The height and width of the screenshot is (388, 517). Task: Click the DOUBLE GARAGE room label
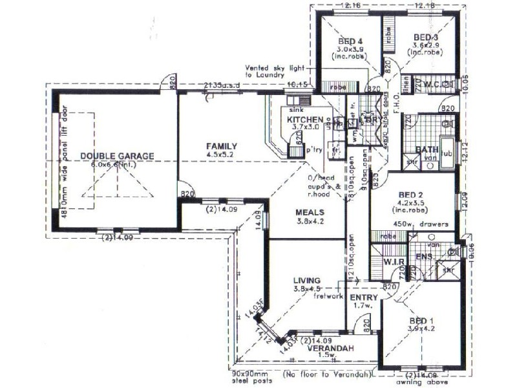(117, 156)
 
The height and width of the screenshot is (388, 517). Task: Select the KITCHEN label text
(301, 120)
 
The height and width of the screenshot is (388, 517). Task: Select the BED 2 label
(411, 194)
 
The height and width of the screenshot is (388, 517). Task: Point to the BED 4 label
(350, 41)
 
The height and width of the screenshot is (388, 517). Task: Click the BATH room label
(427, 150)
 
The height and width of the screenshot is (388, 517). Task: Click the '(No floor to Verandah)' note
(327, 375)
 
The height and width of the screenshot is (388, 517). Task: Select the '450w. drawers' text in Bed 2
(429, 224)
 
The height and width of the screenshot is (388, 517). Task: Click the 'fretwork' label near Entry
(328, 297)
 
